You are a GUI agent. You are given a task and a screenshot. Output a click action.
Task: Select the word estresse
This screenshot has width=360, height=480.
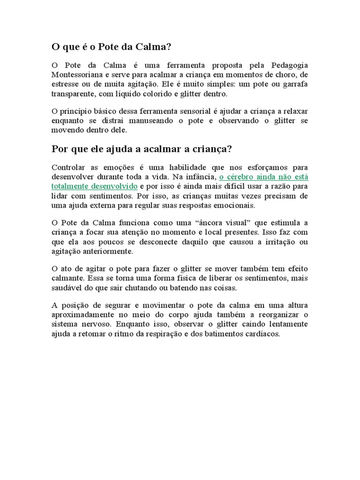coord(65,84)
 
